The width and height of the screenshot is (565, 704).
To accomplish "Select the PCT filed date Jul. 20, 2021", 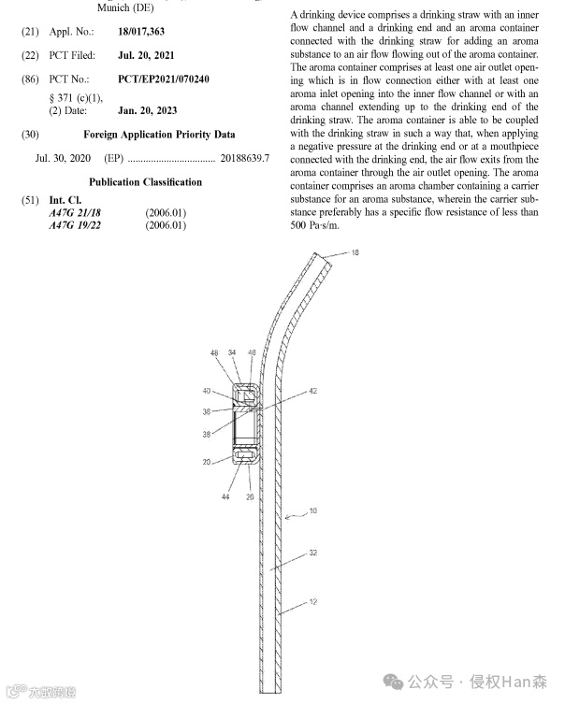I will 146,55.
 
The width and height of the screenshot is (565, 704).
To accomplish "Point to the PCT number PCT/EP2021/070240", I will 164,79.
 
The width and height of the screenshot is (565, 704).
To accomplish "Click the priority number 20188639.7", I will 244,158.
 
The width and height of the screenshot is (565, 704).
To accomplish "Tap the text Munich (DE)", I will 126,7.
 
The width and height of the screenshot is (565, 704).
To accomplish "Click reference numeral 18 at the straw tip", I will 355,253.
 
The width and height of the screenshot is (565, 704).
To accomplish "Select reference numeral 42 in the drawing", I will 313,391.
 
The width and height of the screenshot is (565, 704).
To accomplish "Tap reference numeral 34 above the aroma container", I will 232,352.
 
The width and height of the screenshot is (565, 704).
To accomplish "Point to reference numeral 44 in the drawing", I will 225,497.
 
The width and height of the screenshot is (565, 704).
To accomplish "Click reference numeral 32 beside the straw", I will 312,553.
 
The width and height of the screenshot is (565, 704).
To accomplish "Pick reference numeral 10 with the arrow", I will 312,511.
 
